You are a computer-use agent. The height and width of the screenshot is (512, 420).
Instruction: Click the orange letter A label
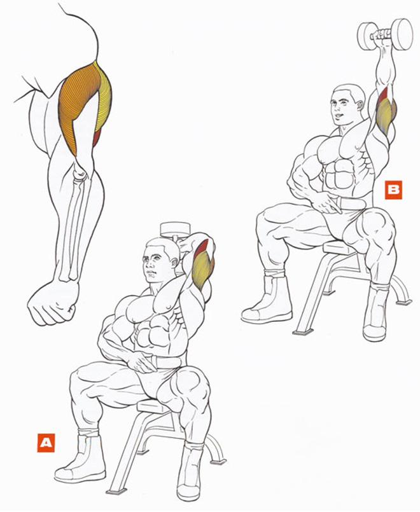(x=46, y=443)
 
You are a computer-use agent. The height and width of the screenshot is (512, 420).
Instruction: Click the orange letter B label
(x=393, y=190)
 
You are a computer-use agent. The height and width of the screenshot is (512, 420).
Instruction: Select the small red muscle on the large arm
(x=97, y=138)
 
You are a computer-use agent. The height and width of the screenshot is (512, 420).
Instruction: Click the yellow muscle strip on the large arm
(x=104, y=98)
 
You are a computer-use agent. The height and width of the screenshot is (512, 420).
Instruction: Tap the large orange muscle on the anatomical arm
(x=78, y=104)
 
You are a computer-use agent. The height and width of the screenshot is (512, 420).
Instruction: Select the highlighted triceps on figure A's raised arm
(x=202, y=265)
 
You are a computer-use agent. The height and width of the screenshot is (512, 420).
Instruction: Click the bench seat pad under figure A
(x=154, y=406)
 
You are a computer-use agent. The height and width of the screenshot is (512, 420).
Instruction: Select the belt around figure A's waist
(x=167, y=363)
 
